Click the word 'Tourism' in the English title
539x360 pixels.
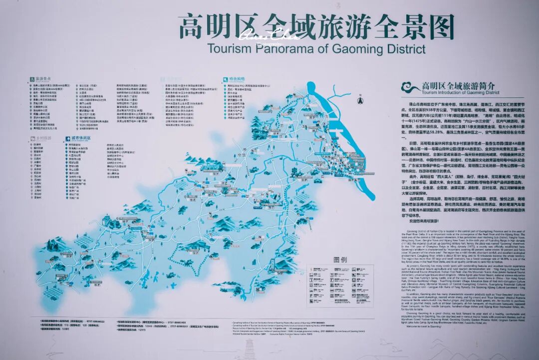click(x=227, y=49)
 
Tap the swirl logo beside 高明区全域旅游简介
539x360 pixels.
click(x=411, y=88)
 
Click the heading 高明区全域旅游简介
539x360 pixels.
click(x=458, y=86)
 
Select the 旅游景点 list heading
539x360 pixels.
click(x=43, y=78)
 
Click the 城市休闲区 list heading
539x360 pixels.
click(x=78, y=138)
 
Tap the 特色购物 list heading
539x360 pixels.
click(x=238, y=78)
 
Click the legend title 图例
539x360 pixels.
click(x=340, y=260)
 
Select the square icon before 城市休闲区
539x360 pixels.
click(x=66, y=138)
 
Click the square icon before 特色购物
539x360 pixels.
click(x=225, y=78)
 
